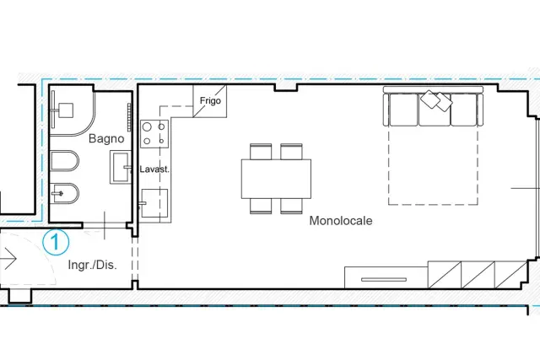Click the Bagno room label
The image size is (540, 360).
[x=106, y=138]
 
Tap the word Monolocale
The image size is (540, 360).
[x=341, y=221]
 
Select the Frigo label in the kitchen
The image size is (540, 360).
[x=210, y=101]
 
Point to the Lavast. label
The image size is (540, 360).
[x=154, y=169]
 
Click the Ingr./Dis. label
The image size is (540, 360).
[x=92, y=265]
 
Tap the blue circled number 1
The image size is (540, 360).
[x=56, y=242]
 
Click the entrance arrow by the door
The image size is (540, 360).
[x=8, y=258]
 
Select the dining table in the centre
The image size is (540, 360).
[x=276, y=179]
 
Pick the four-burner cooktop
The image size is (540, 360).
[x=154, y=134]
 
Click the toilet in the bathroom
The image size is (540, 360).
[x=64, y=161]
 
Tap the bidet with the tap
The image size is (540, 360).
[x=64, y=193]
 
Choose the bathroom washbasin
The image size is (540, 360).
[x=121, y=167]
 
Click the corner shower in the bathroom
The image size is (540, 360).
[x=72, y=110]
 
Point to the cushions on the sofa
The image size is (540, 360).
[x=436, y=100]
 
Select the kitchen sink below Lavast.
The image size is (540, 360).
[x=154, y=203]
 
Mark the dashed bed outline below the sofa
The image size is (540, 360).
[x=433, y=204]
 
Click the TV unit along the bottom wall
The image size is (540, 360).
[x=386, y=277]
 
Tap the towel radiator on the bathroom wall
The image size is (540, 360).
[x=129, y=117]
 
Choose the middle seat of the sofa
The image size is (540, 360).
[x=435, y=110]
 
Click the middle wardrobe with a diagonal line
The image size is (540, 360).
[x=478, y=275]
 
